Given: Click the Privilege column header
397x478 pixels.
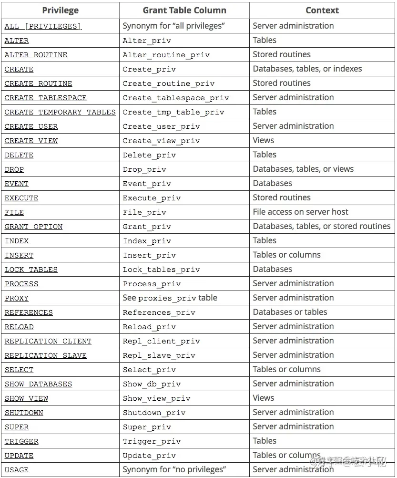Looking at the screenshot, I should click(60, 10).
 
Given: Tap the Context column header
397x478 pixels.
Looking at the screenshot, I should click(322, 10).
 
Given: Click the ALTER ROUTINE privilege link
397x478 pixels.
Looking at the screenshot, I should click(36, 55).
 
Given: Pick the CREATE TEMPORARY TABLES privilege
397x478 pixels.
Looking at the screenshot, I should click(60, 112).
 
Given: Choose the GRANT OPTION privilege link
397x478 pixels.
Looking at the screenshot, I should click(33, 227).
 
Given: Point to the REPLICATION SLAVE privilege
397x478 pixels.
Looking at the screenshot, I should click(46, 355).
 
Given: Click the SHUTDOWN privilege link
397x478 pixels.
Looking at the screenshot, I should click(24, 413).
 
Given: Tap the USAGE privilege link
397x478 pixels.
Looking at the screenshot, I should click(17, 470).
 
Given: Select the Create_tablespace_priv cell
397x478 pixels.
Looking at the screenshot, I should click(176, 98).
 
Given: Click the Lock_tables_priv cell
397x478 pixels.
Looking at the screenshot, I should click(161, 270).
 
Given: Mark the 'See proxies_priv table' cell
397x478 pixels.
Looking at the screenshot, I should click(170, 298).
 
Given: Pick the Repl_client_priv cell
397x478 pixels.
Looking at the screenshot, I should click(161, 341).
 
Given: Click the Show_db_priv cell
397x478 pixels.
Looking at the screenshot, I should click(152, 384).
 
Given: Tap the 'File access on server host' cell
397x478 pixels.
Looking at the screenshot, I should click(300, 212).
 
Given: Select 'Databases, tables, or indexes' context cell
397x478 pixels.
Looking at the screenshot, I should click(307, 69).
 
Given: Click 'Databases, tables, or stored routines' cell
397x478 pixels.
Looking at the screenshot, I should click(321, 226).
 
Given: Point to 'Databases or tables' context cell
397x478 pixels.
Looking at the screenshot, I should click(290, 312).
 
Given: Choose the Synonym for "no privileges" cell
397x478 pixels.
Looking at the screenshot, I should click(174, 469).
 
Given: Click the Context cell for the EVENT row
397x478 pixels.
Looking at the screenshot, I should click(272, 183).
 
